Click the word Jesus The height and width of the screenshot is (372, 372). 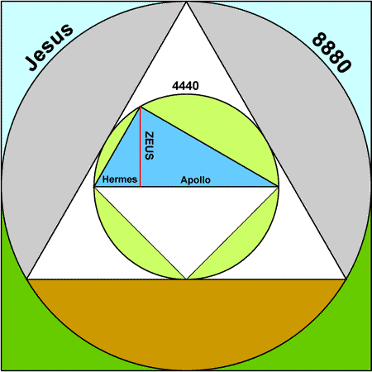click(49, 47)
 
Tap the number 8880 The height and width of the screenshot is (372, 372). click(331, 52)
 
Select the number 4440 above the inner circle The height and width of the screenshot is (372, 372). click(185, 86)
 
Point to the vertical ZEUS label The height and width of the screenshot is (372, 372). click(150, 145)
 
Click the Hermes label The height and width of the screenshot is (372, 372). click(120, 179)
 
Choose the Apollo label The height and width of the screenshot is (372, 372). click(195, 180)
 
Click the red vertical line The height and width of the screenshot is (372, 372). click(141, 146)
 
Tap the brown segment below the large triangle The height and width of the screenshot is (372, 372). click(186, 317)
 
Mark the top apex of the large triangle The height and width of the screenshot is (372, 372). click(187, 2)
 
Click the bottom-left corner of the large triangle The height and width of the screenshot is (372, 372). click(27, 279)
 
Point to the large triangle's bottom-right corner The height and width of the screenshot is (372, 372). click(346, 279)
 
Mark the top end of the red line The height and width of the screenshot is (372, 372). click(141, 107)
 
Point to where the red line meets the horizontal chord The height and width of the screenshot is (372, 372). click(141, 187)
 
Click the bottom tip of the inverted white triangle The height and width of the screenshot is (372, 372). click(187, 279)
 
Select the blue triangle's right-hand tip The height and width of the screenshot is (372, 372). click(278, 187)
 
